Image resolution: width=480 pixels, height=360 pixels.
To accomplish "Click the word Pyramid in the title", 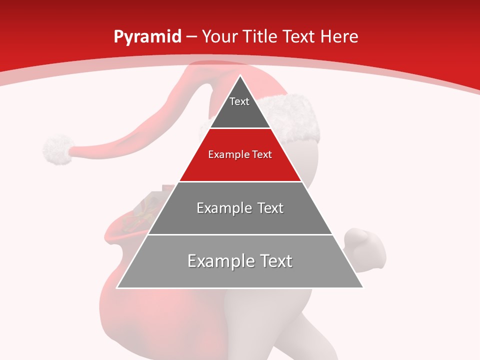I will (147, 37).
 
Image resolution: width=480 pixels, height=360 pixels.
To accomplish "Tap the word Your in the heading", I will (219, 36).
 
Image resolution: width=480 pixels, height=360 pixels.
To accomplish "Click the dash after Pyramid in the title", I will (191, 37).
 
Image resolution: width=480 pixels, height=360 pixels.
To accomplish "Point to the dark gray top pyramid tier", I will (240, 112).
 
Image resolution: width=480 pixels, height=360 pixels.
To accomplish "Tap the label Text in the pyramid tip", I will (239, 101).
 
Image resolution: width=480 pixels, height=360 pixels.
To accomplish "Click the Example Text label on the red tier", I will (240, 154).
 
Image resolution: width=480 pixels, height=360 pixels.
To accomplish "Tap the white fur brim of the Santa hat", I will (295, 117).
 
